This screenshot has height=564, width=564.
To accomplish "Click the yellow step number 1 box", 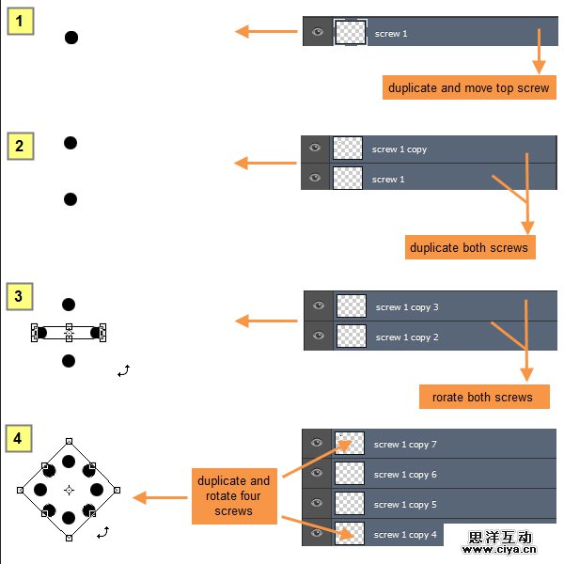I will (21, 21).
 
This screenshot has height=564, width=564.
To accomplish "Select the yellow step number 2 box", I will (21, 146).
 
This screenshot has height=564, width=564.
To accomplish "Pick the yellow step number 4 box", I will (21, 438).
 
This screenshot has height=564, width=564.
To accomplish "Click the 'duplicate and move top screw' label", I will (469, 87).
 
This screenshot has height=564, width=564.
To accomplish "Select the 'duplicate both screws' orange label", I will (469, 248).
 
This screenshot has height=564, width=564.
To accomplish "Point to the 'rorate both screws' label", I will (482, 397).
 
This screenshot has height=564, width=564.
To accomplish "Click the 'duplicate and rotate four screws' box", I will (233, 495).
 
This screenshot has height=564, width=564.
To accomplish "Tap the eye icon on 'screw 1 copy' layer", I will (315, 148).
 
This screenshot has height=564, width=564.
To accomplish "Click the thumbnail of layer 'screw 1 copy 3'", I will (352, 306).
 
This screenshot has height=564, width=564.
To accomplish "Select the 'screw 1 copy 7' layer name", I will (405, 445).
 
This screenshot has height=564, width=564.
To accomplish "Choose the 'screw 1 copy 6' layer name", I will (405, 475).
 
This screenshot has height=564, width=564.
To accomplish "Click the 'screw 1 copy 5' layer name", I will (405, 505).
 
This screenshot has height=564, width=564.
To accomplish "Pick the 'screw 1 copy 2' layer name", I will (407, 337).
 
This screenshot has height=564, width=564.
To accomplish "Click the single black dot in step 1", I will (71, 38).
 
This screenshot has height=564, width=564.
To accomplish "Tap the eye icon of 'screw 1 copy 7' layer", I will (317, 443).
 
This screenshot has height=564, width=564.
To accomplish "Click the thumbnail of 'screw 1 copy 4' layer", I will (350, 534).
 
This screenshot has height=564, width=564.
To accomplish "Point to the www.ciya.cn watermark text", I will (498, 550).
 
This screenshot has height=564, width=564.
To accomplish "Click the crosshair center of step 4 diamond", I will (69, 490).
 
